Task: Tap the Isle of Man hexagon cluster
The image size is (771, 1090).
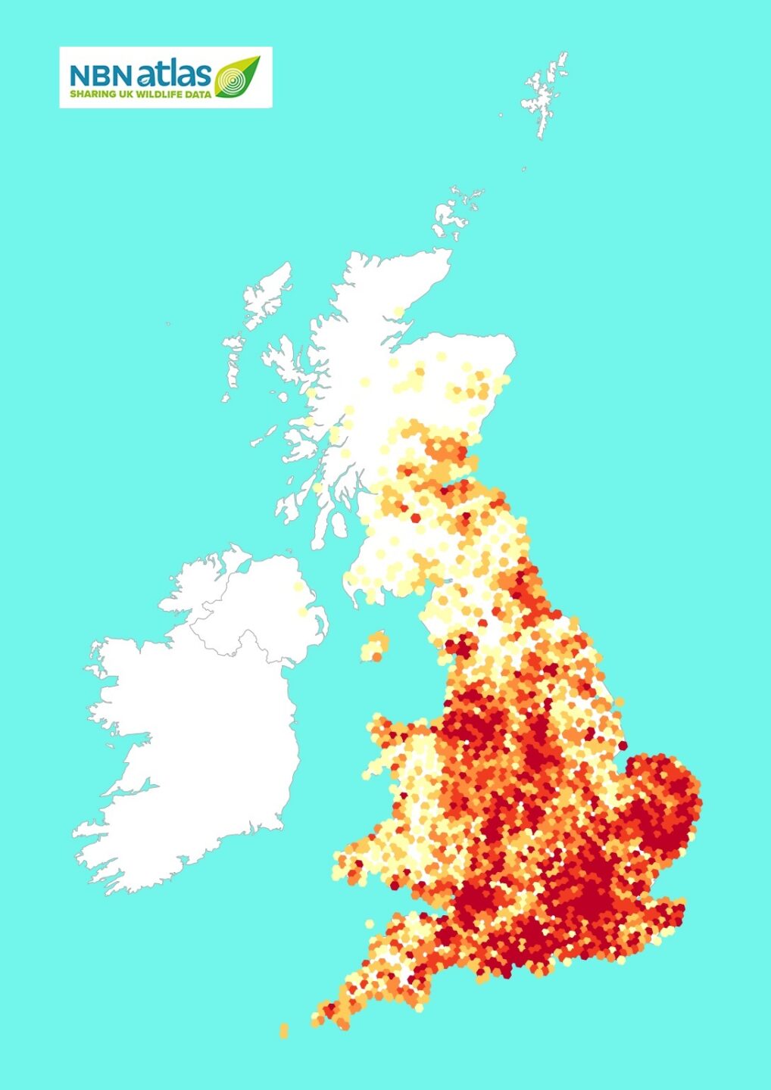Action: pos(375,647)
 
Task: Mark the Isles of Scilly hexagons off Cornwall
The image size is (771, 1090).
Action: pos(284,1030)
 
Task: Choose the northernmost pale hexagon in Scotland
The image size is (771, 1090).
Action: pos(399,312)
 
